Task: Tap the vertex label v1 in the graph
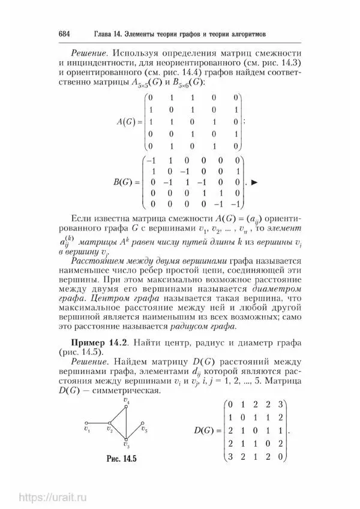click(x=88, y=429)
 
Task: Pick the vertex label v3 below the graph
click(x=125, y=446)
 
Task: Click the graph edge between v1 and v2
click(x=98, y=423)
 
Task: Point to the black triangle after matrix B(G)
click(x=254, y=181)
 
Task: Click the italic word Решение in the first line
click(x=89, y=52)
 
